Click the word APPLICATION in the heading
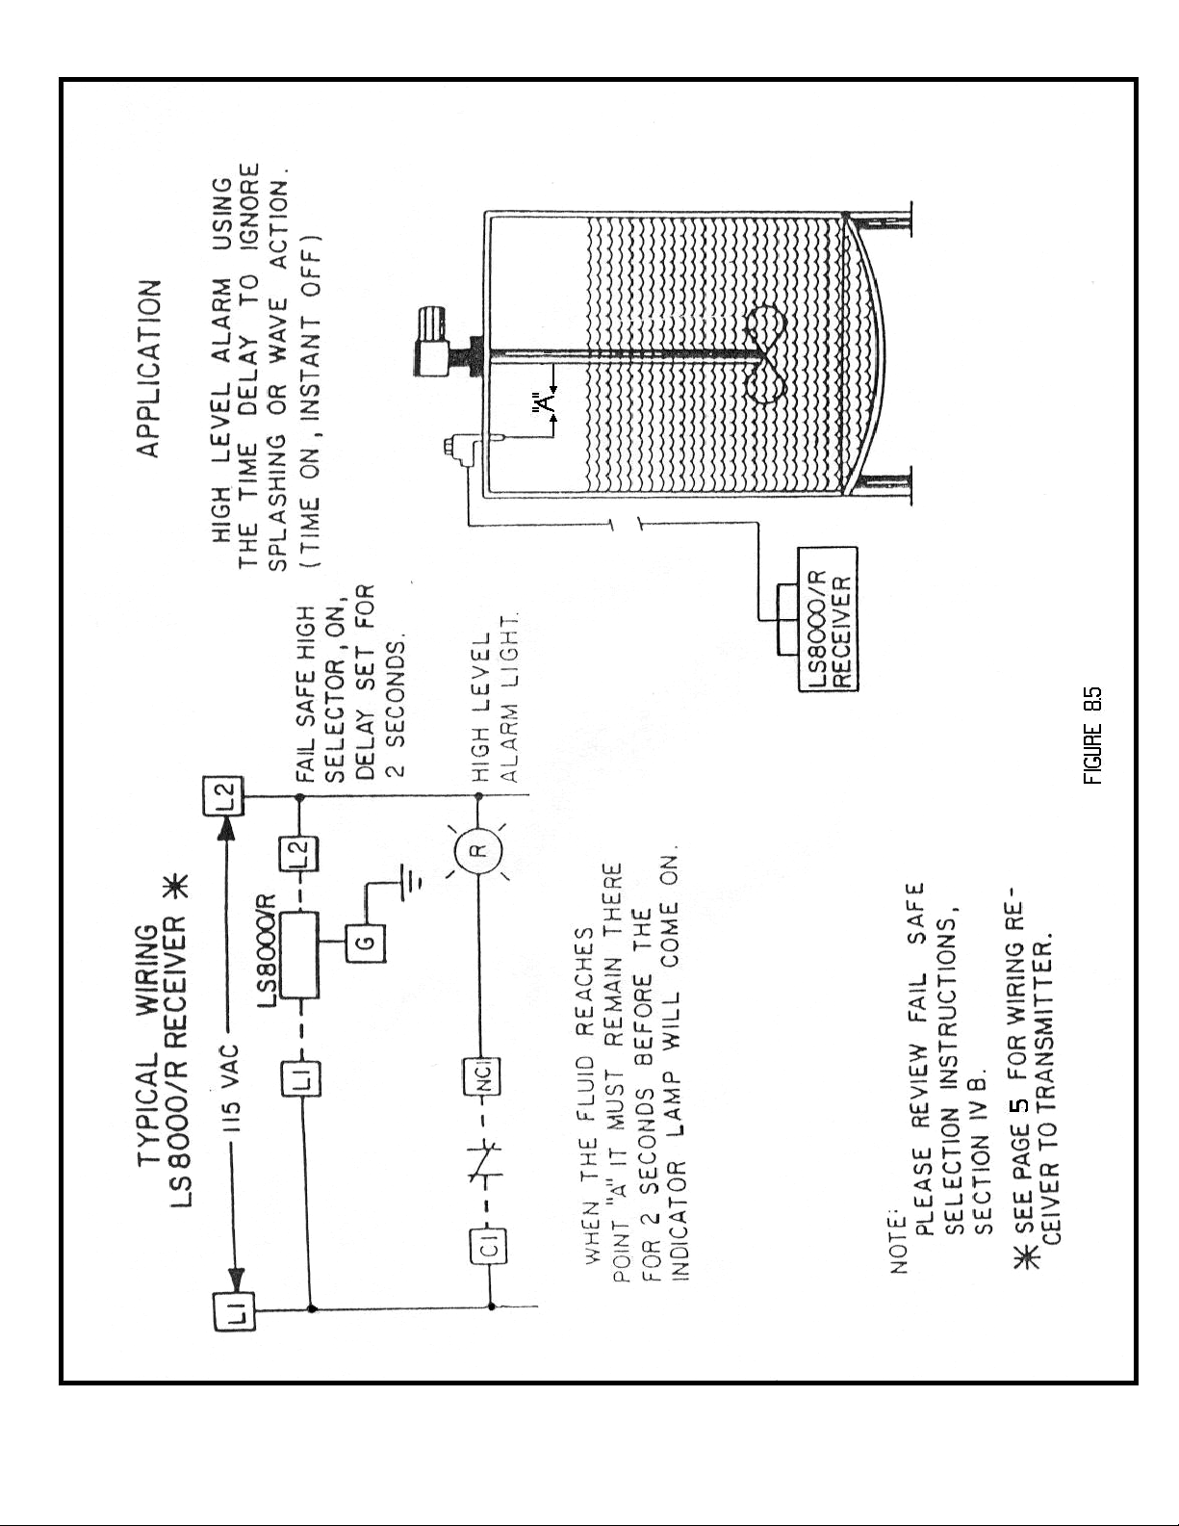[x=151, y=370]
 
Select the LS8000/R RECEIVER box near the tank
[x=828, y=618]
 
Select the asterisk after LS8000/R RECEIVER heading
[x=180, y=887]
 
